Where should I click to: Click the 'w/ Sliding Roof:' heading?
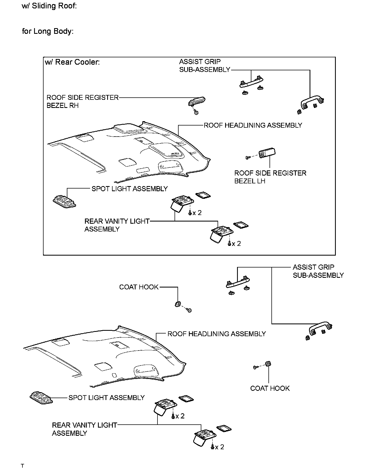(x=49, y=6)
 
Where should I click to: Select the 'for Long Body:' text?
(x=48, y=31)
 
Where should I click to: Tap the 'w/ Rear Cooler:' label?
(x=72, y=62)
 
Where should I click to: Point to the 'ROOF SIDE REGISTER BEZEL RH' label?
(x=83, y=101)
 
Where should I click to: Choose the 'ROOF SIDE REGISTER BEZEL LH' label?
(x=270, y=177)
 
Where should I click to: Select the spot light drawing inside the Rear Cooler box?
(x=64, y=202)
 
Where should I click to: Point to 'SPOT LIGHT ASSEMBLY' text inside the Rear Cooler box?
(x=130, y=189)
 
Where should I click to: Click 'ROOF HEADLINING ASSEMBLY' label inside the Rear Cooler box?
(x=253, y=125)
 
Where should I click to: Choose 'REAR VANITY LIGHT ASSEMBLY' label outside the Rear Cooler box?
(x=84, y=429)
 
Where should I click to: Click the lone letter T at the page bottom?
(x=23, y=466)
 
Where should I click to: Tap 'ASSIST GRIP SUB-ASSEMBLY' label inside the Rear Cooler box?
(x=205, y=66)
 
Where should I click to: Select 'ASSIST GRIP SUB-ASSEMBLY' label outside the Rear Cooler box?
(x=318, y=271)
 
